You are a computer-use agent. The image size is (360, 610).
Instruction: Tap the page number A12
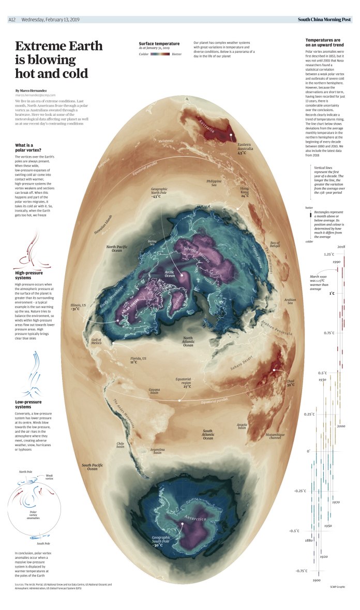[12, 20]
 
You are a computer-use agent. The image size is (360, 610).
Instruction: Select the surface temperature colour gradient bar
[160, 53]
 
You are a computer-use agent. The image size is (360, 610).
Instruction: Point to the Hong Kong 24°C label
[245, 192]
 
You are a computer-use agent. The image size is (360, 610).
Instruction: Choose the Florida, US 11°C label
[138, 360]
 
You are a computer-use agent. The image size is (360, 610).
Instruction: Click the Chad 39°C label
[290, 383]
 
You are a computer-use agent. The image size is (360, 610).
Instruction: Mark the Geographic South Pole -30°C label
[164, 541]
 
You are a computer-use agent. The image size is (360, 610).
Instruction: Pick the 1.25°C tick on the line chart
[315, 254]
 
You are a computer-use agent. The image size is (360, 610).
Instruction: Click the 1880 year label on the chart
[309, 540]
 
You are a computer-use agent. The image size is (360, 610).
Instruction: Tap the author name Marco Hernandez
[33, 90]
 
